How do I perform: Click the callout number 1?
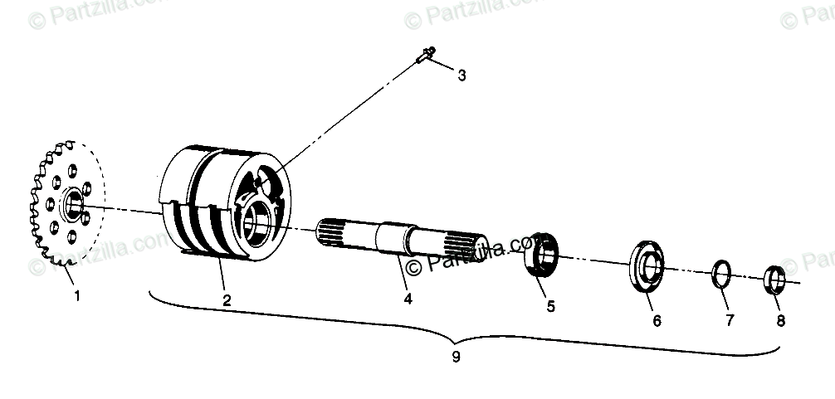(x=77, y=294)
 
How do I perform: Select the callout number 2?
(x=227, y=299)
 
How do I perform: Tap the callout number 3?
(x=461, y=75)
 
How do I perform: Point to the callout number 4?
(x=408, y=299)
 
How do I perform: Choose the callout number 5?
(x=550, y=306)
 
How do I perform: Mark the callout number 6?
(x=657, y=320)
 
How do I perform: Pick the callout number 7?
(x=730, y=320)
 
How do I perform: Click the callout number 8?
(x=780, y=320)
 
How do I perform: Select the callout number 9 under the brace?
(x=456, y=358)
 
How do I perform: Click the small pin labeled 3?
(x=424, y=56)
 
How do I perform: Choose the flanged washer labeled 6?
(x=649, y=266)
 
